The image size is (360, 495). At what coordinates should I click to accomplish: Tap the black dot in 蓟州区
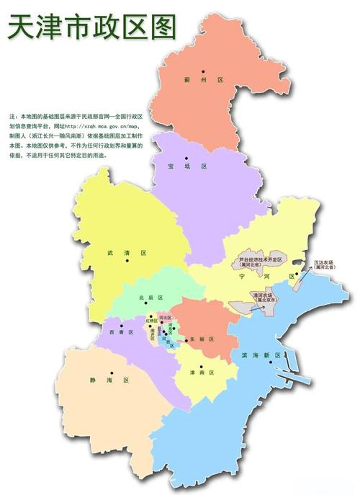pos(204,71)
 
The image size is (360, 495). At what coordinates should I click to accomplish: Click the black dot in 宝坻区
pos(186,158)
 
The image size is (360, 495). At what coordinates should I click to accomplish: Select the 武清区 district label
pos(127,253)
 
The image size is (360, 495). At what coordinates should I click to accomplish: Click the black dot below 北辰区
pos(150,316)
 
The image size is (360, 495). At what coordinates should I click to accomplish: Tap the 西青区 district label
pos(119,332)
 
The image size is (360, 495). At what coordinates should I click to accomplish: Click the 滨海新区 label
pos(251,356)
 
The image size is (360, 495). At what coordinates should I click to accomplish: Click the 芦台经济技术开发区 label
pos(264,258)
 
